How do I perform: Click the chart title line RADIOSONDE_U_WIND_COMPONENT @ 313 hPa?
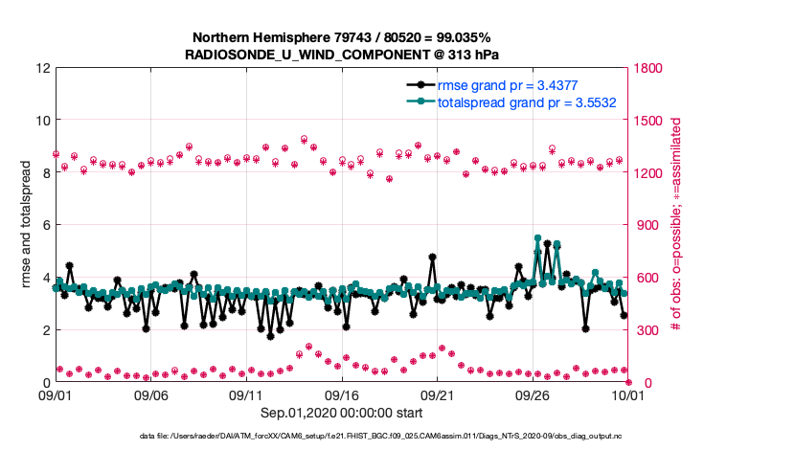341,55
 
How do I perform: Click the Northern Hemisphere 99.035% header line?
341,38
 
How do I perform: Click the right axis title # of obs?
677,225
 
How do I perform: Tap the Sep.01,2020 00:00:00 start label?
341,413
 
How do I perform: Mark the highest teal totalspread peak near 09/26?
537,237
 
